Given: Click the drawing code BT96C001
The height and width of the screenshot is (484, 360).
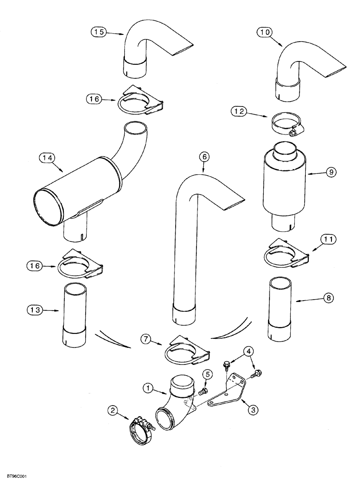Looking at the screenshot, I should click(15, 477).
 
